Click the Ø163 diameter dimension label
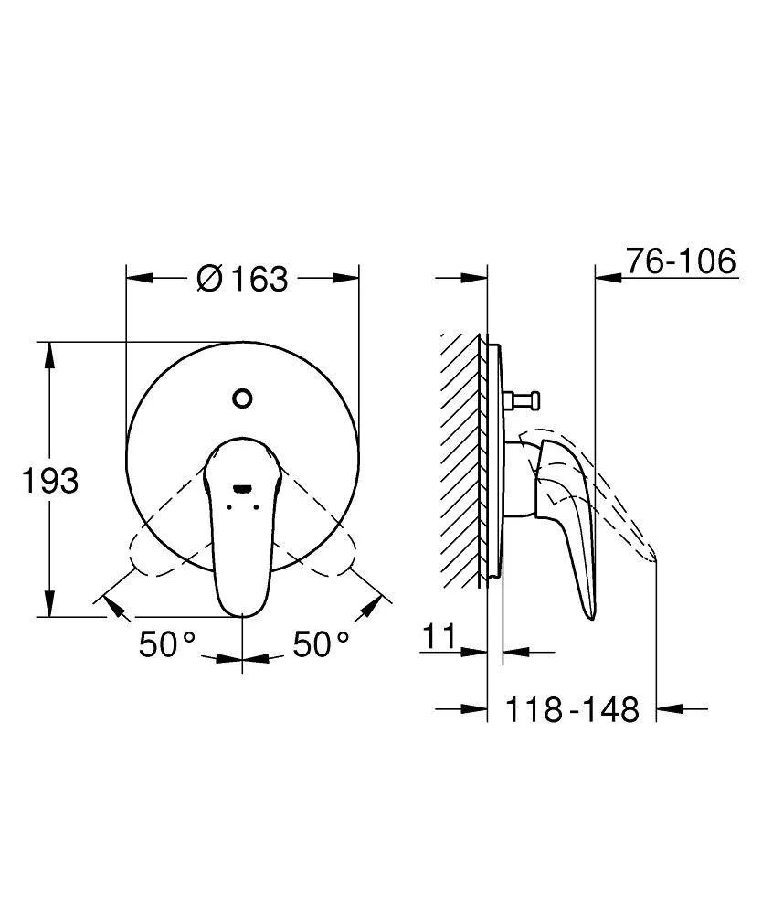click(x=242, y=278)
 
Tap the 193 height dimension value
click(x=49, y=481)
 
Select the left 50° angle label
click(x=167, y=643)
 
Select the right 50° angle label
click(x=321, y=643)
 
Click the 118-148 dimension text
click(x=572, y=709)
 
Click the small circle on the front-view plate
click(x=242, y=399)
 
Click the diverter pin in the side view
click(x=522, y=400)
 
